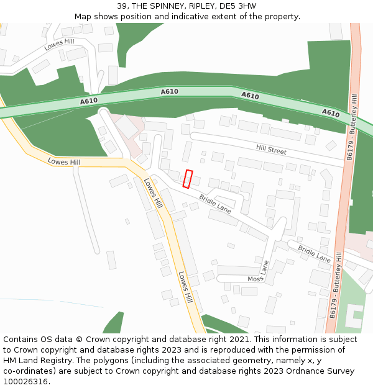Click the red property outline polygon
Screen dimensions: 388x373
[x=188, y=178]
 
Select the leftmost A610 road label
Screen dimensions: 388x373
[x=89, y=101]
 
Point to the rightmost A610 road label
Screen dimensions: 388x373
[x=331, y=113]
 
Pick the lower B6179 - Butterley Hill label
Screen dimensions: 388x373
[x=336, y=286]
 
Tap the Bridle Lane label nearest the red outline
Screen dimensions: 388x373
[x=215, y=204]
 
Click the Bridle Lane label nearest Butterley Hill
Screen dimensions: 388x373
[x=314, y=253]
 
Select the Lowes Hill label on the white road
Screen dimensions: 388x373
[x=58, y=43]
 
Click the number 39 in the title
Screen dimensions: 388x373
[x=122, y=6]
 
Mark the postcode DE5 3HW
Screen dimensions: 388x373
[x=238, y=6]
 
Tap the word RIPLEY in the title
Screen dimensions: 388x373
[x=201, y=6]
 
